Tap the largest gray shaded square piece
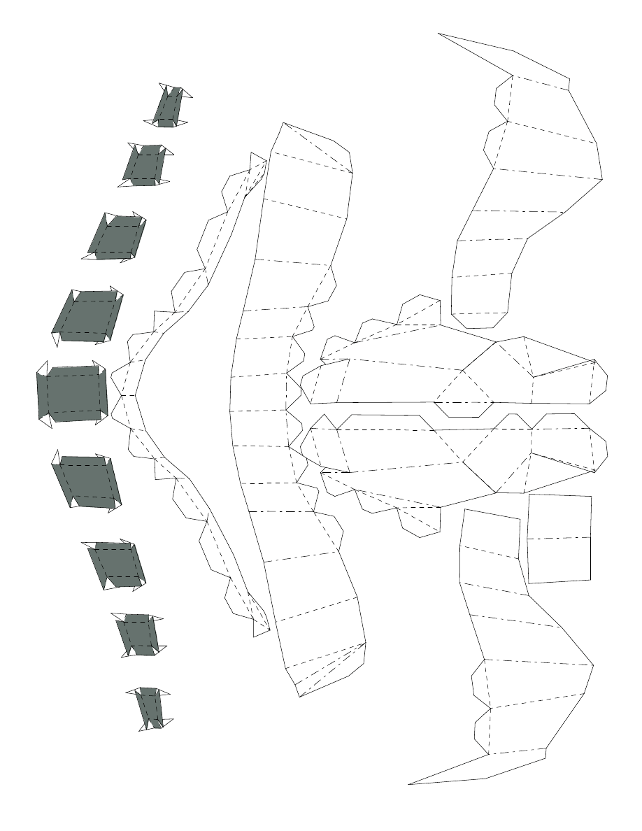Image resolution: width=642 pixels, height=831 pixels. [x=72, y=392]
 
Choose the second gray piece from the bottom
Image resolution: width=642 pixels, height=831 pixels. [x=138, y=634]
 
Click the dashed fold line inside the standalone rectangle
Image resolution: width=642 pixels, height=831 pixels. [x=559, y=538]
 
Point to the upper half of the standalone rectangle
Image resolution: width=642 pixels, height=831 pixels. [x=559, y=517]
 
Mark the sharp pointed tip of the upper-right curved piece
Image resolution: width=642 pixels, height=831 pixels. [x=440, y=34]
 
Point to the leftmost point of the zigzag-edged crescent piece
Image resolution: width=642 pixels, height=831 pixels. [x=124, y=396]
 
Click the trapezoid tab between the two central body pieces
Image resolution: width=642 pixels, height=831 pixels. [x=464, y=409]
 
